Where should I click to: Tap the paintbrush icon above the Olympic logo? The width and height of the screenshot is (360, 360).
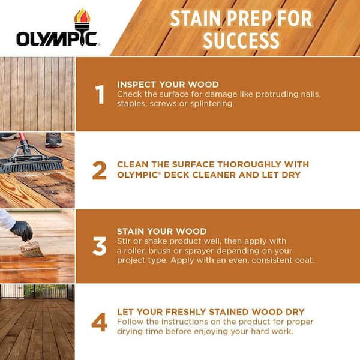tap(81, 18)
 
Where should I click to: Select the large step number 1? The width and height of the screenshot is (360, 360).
tap(100, 95)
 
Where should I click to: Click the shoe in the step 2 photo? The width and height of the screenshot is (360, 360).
tap(53, 140)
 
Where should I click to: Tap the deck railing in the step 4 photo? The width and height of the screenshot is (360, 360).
tap(36, 293)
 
